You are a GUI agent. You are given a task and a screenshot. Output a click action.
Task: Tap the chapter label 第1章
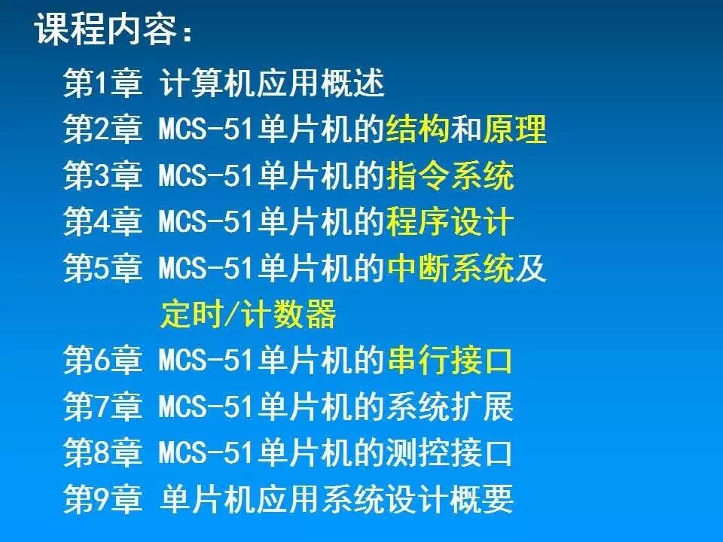102,83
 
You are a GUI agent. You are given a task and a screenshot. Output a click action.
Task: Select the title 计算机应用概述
272,83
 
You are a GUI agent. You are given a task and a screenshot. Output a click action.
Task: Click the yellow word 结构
417,129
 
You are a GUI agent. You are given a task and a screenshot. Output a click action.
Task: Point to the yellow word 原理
514,129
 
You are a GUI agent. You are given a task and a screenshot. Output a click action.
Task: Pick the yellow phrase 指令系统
450,175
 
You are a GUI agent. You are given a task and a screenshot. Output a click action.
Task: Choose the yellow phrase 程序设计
450,221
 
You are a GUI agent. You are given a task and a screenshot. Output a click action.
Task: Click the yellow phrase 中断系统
450,268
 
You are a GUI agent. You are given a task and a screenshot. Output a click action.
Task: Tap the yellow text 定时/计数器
248,314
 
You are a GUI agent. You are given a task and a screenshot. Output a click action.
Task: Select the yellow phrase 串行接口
450,360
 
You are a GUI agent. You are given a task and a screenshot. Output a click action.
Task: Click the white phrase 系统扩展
450,406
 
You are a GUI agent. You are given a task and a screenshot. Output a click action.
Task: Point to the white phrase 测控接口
450,452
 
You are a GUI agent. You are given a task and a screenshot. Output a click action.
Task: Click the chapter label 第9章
102,498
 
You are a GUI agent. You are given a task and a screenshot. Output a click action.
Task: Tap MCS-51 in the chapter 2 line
206,129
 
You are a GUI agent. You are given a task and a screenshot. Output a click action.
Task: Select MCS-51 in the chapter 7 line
206,406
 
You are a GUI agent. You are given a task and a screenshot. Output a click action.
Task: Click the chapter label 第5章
102,268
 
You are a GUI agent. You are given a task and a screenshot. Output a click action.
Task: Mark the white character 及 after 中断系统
531,268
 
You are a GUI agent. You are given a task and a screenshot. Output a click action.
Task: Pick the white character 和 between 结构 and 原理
466,129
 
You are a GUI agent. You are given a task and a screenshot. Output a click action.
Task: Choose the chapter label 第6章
102,360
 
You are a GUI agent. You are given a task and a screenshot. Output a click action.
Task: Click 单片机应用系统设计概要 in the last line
337,498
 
